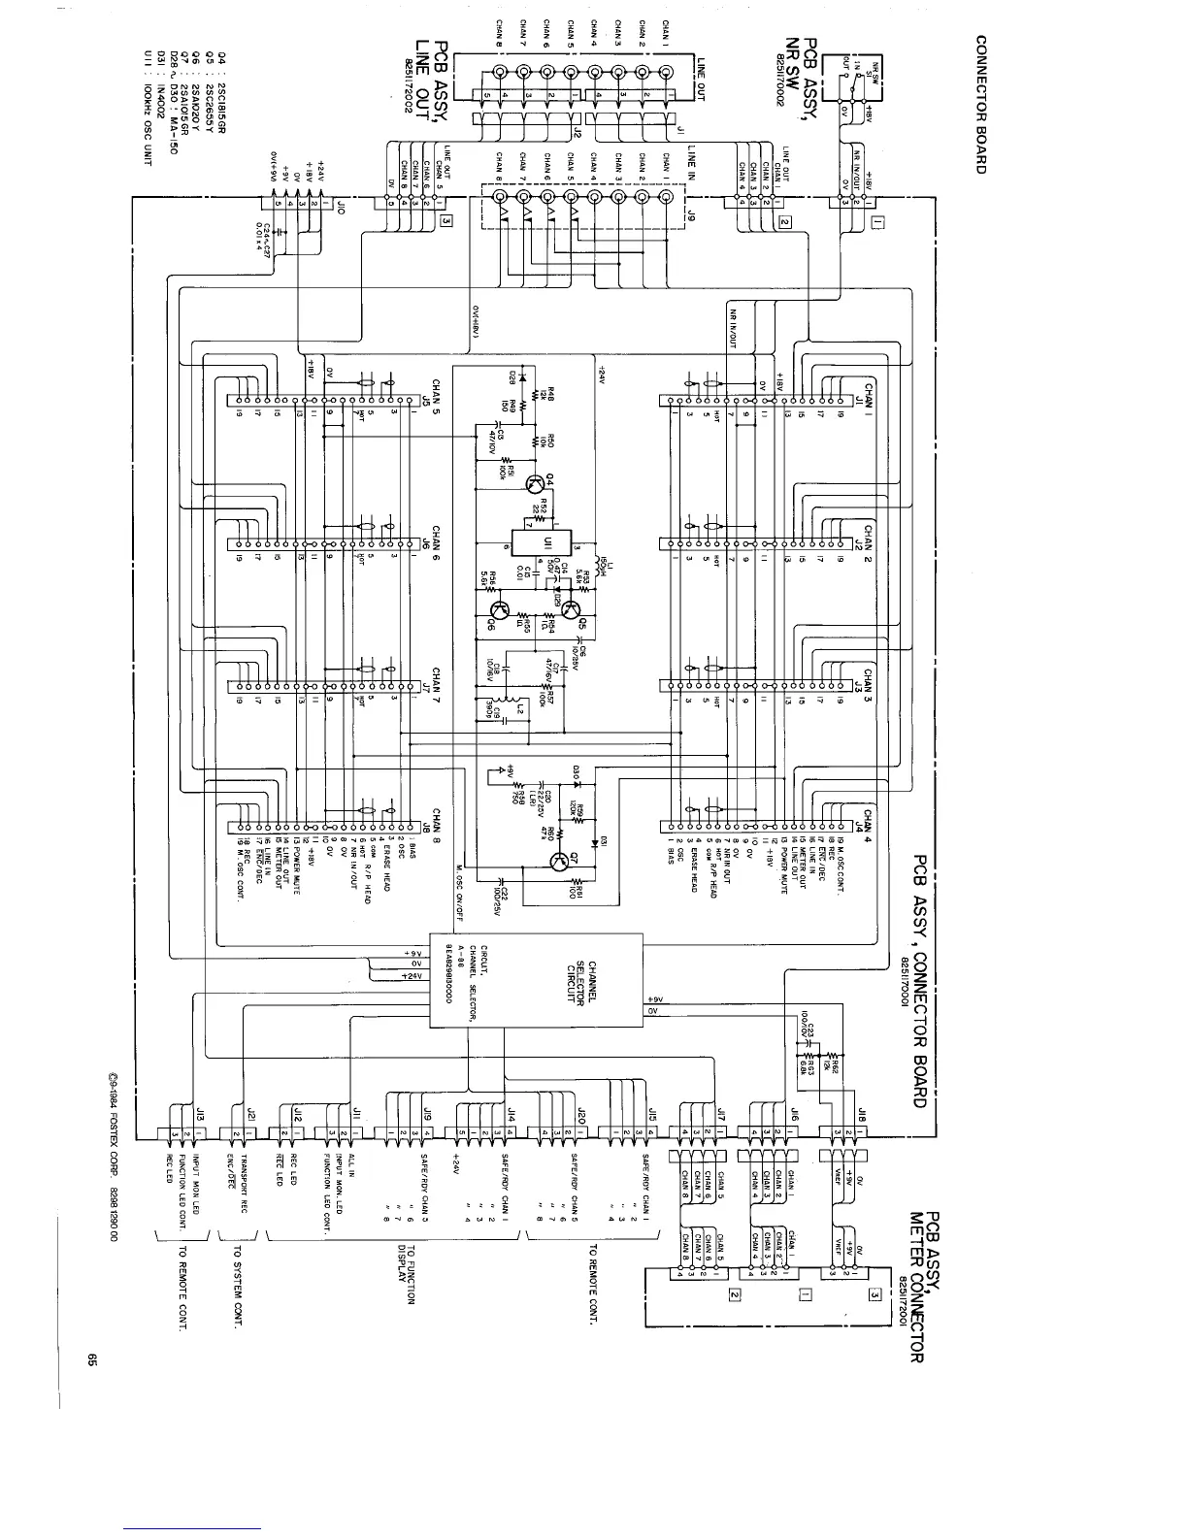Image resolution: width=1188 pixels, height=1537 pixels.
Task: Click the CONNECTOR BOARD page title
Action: click(x=981, y=105)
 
